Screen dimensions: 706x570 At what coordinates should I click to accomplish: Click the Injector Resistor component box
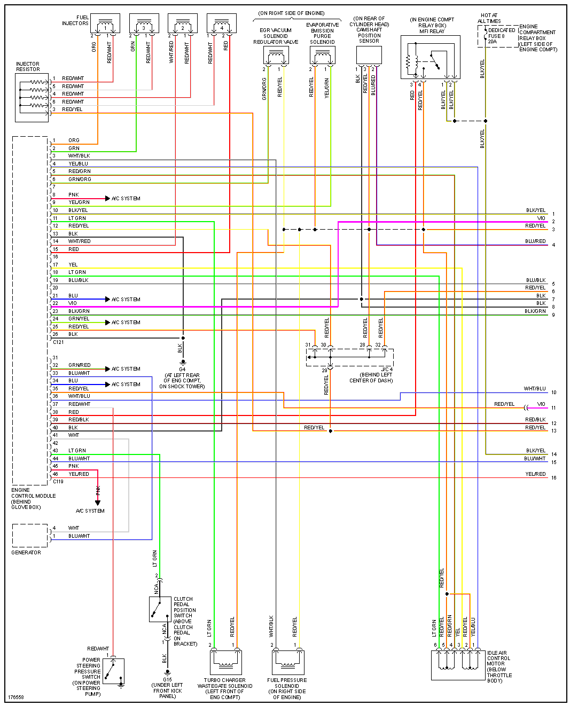(x=32, y=97)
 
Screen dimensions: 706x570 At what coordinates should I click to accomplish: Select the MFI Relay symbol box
(x=430, y=57)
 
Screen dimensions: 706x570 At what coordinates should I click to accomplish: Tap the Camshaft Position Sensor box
(x=369, y=55)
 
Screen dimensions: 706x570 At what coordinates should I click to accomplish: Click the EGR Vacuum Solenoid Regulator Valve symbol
(x=276, y=56)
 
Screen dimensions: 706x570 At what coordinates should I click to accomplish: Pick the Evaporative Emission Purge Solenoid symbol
(x=322, y=55)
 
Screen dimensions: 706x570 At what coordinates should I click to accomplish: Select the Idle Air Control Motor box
(x=457, y=665)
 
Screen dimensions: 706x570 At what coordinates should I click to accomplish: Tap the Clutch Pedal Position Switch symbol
(x=160, y=609)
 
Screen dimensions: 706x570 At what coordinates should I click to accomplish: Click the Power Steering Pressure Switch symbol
(x=114, y=671)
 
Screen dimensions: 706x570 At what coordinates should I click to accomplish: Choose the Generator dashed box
(x=30, y=535)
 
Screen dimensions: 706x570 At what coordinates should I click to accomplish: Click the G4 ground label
(x=182, y=369)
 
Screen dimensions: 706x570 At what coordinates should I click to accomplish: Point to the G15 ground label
(x=167, y=680)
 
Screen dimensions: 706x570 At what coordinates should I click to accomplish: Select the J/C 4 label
(x=387, y=370)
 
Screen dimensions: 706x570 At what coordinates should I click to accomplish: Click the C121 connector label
(x=58, y=342)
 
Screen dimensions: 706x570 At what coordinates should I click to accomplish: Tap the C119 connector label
(x=58, y=482)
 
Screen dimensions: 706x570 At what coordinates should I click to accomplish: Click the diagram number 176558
(x=16, y=697)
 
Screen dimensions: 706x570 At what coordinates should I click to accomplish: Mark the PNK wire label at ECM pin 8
(x=73, y=195)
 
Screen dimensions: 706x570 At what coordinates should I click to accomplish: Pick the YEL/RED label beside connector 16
(x=535, y=474)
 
